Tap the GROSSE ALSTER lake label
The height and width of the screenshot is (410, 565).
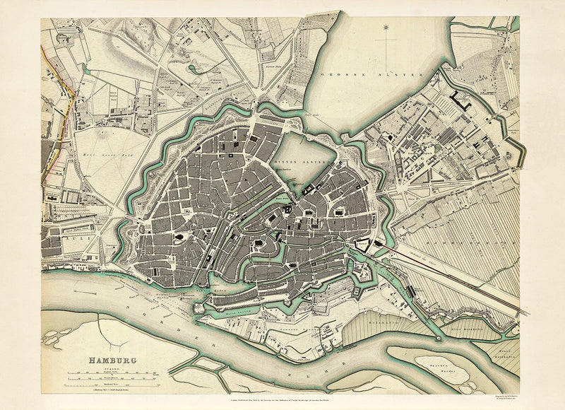[x=370, y=74]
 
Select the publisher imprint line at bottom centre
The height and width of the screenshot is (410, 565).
[x=282, y=397]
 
